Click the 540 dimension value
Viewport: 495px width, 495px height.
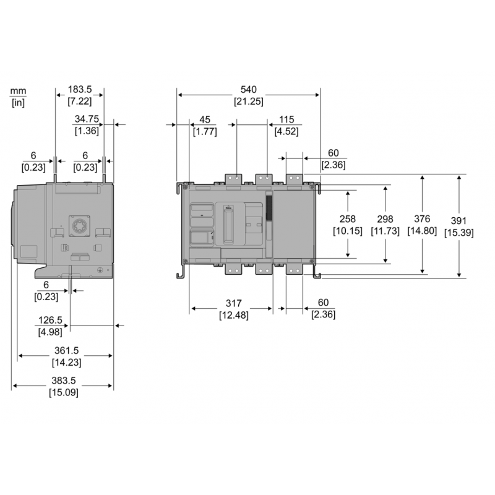(248, 90)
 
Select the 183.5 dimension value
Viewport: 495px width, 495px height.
(80, 90)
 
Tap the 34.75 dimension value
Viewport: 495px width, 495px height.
(87, 119)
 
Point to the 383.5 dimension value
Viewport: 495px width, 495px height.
(64, 381)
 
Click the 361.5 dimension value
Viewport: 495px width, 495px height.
(66, 351)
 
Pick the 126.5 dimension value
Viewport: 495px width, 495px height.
(51, 321)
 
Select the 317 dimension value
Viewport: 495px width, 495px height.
(233, 304)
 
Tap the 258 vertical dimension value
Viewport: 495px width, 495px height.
(348, 220)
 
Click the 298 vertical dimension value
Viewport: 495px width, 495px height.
(385, 220)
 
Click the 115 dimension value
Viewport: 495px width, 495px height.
(286, 119)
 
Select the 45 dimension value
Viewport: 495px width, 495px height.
(204, 119)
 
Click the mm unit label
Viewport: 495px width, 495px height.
(18, 92)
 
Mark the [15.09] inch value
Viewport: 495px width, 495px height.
(64, 393)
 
